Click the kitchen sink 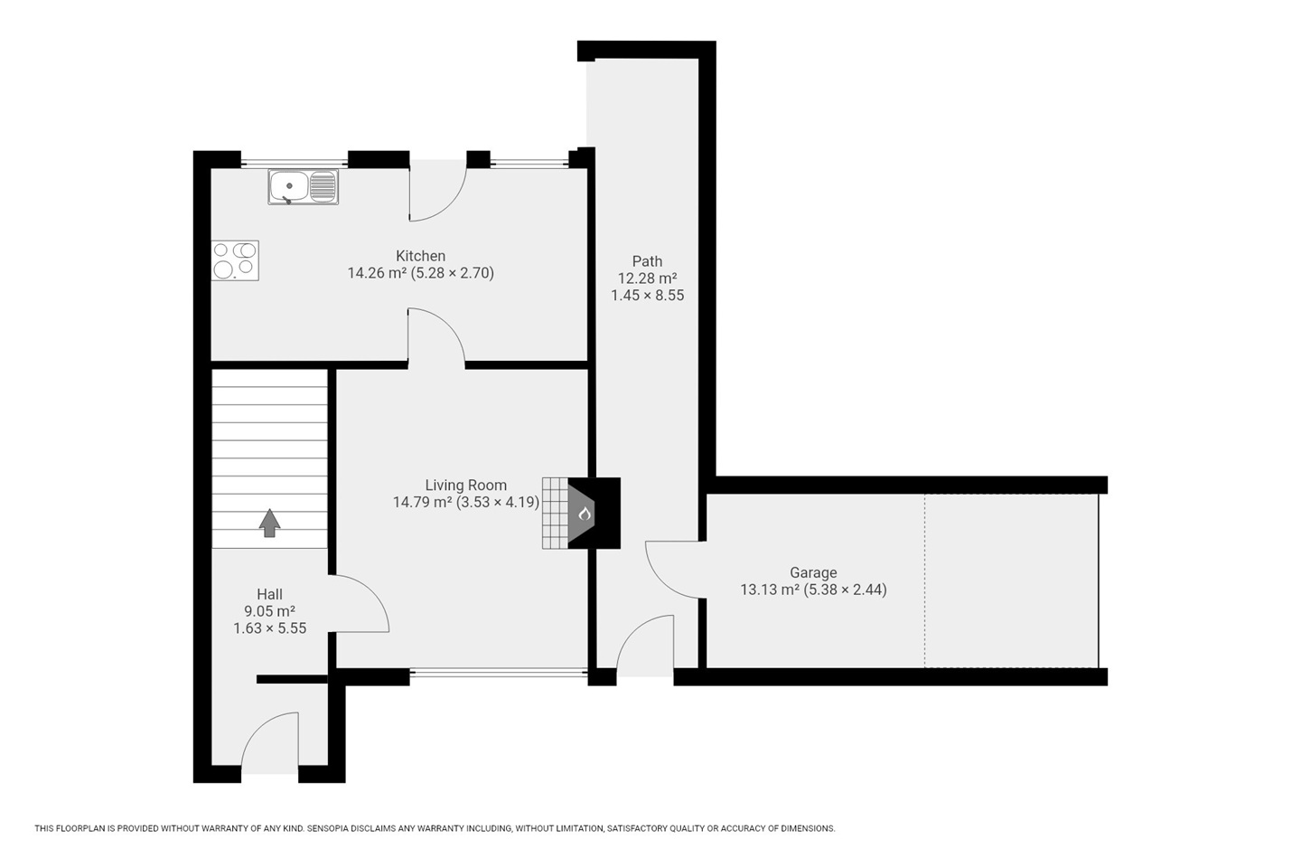[x=303, y=186]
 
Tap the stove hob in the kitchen [x=235, y=260]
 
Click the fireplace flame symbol [x=585, y=514]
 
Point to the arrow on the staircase [x=269, y=523]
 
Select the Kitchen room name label [x=420, y=256]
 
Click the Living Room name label [x=466, y=485]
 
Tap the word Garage [x=813, y=573]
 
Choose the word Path [x=647, y=261]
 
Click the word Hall [x=269, y=594]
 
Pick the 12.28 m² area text [x=647, y=278]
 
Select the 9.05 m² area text [x=269, y=611]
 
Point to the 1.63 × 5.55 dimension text [x=269, y=627]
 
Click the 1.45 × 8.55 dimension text [x=647, y=296]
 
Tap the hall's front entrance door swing [x=269, y=741]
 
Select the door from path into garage [x=676, y=569]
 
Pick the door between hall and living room [x=359, y=603]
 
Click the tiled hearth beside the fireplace [x=556, y=514]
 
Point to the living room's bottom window [x=499, y=675]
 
